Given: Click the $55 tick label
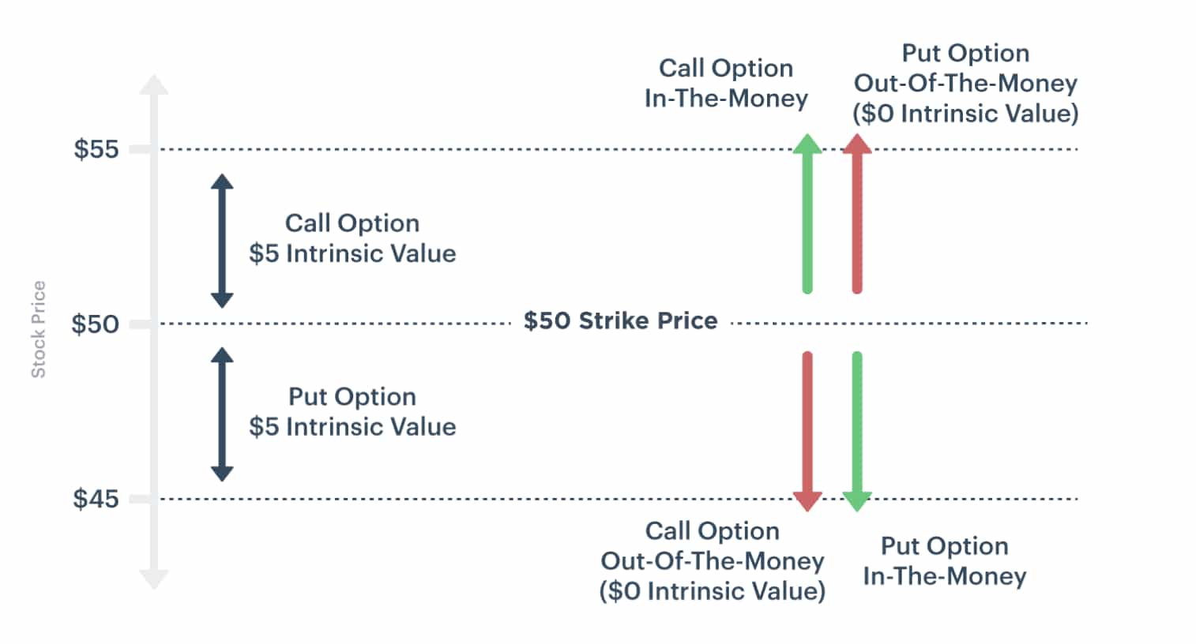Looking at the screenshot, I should pyautogui.click(x=96, y=149).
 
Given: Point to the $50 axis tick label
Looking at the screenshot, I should pyautogui.click(x=95, y=324).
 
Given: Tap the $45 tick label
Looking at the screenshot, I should pyautogui.click(x=96, y=499).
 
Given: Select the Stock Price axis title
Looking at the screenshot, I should pyautogui.click(x=38, y=329).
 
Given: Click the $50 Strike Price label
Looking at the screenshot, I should pyautogui.click(x=620, y=320).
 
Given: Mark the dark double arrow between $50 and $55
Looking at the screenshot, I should pyautogui.click(x=222, y=241).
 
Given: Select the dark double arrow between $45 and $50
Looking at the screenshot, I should pyautogui.click(x=222, y=414).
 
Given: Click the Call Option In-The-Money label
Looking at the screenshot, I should pyautogui.click(x=726, y=83).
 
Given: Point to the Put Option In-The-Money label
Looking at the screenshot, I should pyautogui.click(x=944, y=560).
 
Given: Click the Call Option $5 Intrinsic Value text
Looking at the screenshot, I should pyautogui.click(x=352, y=238).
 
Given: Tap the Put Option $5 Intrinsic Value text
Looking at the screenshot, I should pyautogui.click(x=352, y=411).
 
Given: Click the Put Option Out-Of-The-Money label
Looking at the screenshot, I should pyautogui.click(x=965, y=83).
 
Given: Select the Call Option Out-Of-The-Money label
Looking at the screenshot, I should pyautogui.click(x=712, y=560).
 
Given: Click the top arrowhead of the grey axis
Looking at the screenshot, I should pyautogui.click(x=154, y=85).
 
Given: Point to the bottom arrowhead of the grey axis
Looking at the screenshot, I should pyautogui.click(x=154, y=579).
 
